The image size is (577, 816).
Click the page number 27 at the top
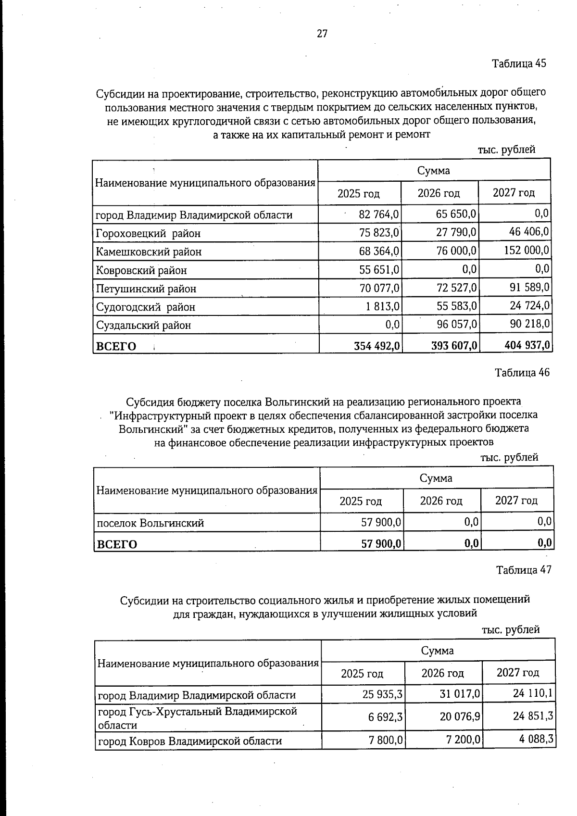(322, 34)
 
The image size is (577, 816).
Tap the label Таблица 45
(519, 63)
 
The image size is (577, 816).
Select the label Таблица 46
(522, 373)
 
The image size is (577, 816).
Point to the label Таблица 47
(524, 570)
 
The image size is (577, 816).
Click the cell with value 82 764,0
(378, 214)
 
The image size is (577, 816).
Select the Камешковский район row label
(149, 251)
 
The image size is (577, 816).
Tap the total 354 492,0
(377, 346)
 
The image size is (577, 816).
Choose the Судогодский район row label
(145, 307)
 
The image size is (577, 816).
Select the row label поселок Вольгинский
(151, 523)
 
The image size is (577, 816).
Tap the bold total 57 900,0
(382, 544)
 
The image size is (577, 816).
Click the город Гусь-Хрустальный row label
(197, 717)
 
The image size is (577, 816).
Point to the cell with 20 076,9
(460, 717)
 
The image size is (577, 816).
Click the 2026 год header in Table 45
(439, 193)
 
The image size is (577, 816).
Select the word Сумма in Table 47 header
(437, 651)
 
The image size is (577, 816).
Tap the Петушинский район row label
(146, 289)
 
